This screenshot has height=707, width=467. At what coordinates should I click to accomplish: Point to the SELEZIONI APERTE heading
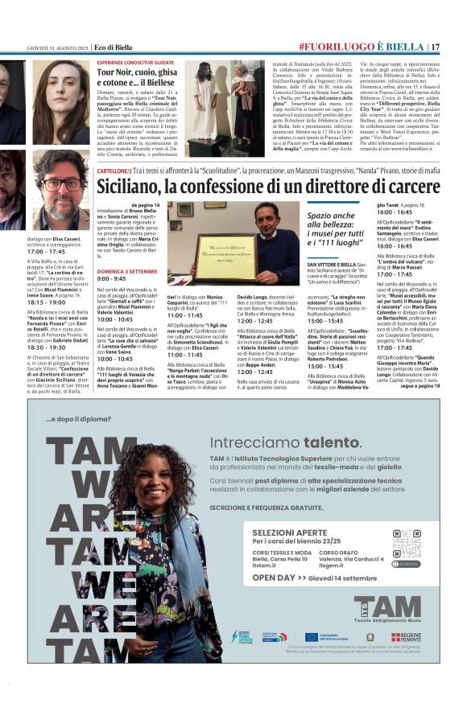(281, 511)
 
